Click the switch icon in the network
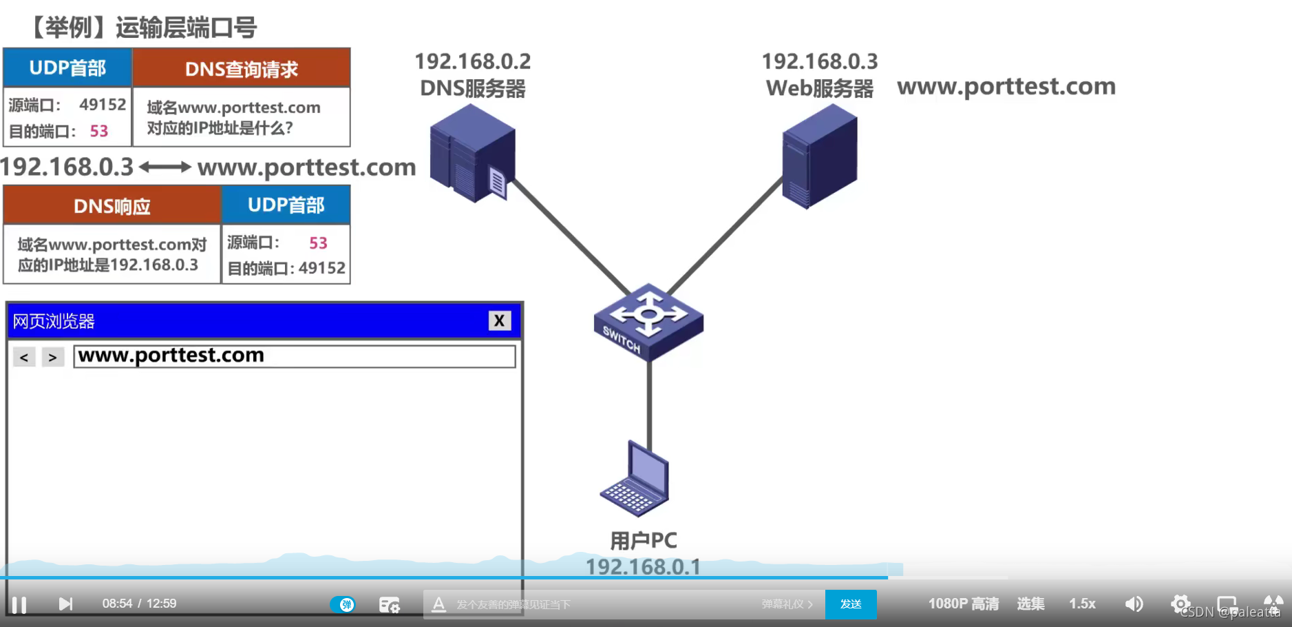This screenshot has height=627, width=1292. (648, 321)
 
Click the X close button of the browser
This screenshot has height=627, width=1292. (500, 320)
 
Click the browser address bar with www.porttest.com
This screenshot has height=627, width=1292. (295, 356)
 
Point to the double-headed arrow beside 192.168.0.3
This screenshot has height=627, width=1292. (165, 167)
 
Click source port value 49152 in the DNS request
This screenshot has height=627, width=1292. (103, 105)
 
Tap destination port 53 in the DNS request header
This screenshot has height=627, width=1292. (99, 131)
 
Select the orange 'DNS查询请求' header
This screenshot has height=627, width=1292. (242, 68)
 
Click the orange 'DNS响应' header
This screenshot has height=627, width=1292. (112, 205)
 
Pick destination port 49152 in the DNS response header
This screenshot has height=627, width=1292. (322, 268)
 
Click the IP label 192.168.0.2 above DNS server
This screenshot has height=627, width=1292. (473, 62)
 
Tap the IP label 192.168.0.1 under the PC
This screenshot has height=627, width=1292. (643, 566)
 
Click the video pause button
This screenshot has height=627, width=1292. (19, 604)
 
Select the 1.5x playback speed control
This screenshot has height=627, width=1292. (1082, 604)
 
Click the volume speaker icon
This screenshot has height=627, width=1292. (1134, 604)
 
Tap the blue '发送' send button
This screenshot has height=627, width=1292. (851, 604)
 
